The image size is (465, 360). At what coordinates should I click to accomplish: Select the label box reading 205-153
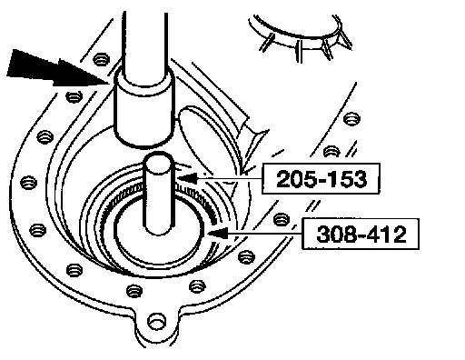(x=321, y=178)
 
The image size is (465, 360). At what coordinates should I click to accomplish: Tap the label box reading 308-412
(x=361, y=234)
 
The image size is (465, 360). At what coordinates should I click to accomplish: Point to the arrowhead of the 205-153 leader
(x=187, y=178)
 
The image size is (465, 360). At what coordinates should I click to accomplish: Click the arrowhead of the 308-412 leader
(x=217, y=234)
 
